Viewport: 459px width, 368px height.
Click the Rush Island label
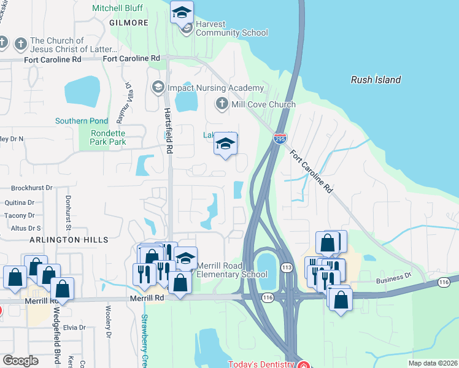[x=376, y=80]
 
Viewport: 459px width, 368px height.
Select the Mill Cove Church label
[x=263, y=104]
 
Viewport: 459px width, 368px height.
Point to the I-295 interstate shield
[x=280, y=139]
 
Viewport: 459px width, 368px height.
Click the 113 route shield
[x=286, y=268]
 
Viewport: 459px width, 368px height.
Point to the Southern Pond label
[x=82, y=121]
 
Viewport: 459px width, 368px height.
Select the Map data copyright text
[x=433, y=363]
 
